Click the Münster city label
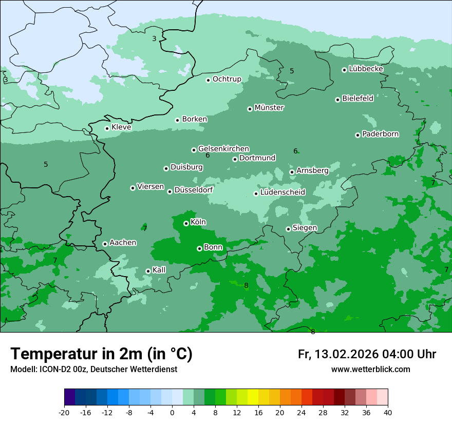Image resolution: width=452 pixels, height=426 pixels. pos(269,108)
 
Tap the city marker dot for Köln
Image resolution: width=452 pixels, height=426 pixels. pos(186,223)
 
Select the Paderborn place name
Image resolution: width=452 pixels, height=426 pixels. pos(380,134)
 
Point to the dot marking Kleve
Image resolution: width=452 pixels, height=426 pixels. pos(107,128)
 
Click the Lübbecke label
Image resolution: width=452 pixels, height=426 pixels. pos(366,69)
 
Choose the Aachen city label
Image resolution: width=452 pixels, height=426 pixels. pos(123,242)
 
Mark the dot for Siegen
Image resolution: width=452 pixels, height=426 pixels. pos(288,229)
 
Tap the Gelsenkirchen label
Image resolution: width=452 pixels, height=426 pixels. pos(223,149)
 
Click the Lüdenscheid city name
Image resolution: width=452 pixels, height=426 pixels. pos(282,192)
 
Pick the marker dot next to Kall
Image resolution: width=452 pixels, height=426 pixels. pos(148,271)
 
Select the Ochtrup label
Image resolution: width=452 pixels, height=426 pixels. pos(227,79)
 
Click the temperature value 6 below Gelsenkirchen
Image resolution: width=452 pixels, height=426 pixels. pos(208,156)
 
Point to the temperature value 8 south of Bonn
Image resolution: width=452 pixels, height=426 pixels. pos(246,285)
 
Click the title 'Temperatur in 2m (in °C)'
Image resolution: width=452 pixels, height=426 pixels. pos(101,354)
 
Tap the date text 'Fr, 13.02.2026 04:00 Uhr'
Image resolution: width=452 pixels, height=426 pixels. pos(367,354)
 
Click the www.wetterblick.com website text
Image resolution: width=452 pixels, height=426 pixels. pos(370,370)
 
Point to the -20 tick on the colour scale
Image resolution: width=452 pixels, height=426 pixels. pos(64,412)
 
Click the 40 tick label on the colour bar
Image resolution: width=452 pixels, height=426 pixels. pos(387,412)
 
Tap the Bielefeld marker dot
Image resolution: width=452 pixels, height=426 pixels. pos(337,100)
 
